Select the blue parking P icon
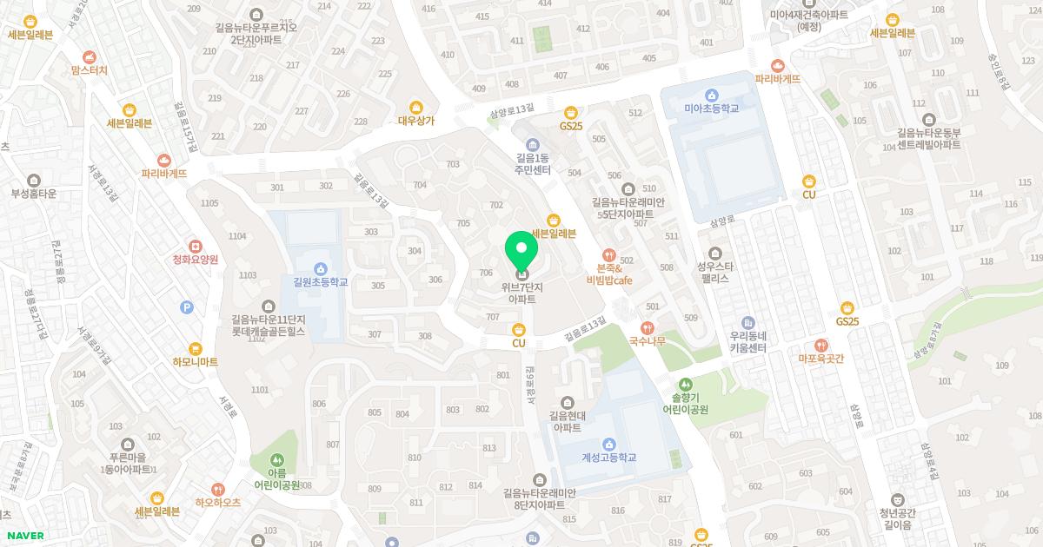186,306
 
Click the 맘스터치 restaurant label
89,70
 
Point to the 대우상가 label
415,122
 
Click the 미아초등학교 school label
711,109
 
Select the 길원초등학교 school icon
320,267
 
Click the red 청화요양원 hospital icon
195,246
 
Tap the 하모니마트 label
195,362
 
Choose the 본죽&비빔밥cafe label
608,274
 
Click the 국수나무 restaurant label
647,341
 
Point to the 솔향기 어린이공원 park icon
686,383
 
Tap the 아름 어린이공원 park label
276,478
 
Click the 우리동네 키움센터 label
747,341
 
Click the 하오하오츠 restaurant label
217,502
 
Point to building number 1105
209,203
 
